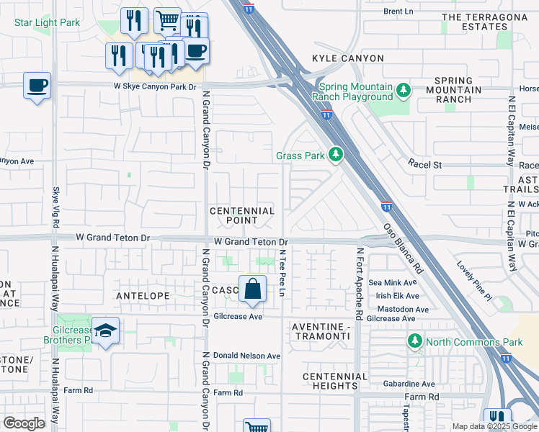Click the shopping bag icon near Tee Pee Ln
tap(252, 289)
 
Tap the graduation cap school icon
tap(105, 330)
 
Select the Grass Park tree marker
tap(334, 155)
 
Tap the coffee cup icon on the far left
tap(37, 86)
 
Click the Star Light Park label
tap(47, 22)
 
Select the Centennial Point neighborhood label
tap(242, 215)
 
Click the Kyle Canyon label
tap(339, 58)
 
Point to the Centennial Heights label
tap(335, 382)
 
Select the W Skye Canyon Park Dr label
tap(155, 86)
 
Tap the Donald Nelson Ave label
tap(247, 356)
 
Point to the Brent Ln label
tap(398, 12)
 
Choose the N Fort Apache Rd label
tap(358, 284)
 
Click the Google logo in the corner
tap(24, 423)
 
